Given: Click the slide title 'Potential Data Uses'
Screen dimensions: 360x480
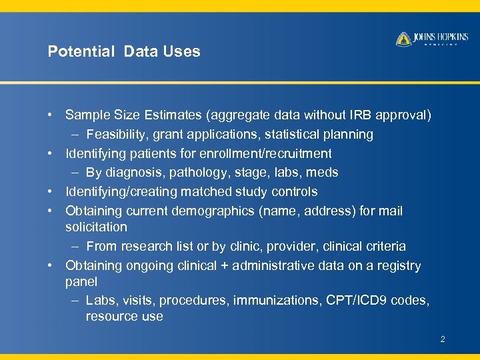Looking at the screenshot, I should tap(123, 51).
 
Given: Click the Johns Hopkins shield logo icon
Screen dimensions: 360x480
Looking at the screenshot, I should tap(403, 39).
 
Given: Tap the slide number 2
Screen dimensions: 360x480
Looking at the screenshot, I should tap(442, 340).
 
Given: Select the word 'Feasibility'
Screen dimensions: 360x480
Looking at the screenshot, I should tap(117, 135).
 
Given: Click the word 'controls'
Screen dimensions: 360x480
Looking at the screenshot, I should tap(293, 192).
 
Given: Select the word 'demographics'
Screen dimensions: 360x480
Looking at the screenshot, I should tap(214, 211).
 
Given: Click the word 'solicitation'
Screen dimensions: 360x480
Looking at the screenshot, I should tap(96, 227).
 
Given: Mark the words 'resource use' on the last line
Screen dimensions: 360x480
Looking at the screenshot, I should tap(124, 316).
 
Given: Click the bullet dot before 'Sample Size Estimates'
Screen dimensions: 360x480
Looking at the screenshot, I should tap(51, 115).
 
